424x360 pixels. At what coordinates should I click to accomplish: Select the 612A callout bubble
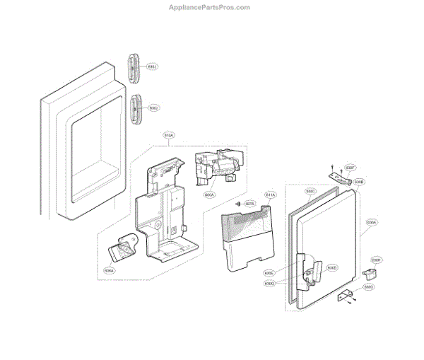[x=169, y=134]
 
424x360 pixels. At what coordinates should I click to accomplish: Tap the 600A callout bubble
[x=209, y=194]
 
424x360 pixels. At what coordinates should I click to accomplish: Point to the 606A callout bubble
[x=109, y=269]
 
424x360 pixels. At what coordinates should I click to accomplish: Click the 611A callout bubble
[x=271, y=194]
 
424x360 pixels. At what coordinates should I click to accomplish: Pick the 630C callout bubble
[x=310, y=191]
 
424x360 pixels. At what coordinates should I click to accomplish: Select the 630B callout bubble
[x=359, y=182]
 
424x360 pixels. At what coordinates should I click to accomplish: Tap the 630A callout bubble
[x=372, y=222]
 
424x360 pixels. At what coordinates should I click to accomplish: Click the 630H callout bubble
[x=377, y=260]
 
